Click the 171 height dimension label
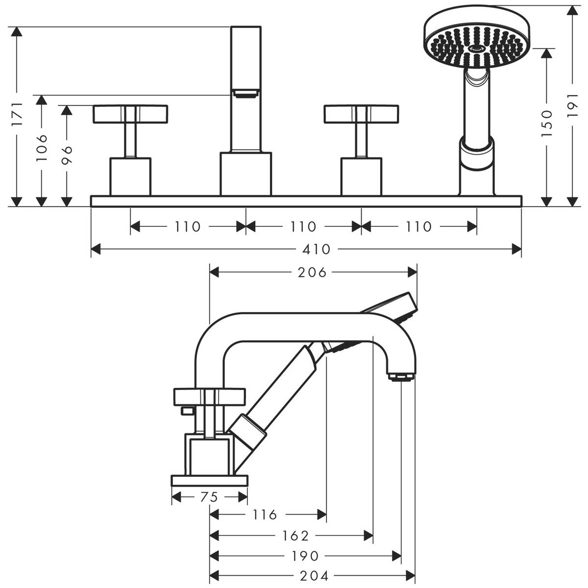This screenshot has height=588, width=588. coord(17,114)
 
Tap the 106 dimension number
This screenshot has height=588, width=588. coord(42,147)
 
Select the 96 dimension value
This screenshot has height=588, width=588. coord(67,155)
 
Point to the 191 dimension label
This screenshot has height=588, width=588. coord(573,105)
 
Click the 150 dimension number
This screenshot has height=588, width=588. coord(547,123)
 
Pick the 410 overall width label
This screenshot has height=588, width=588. coord(317,249)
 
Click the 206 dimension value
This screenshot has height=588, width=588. coord(312,272)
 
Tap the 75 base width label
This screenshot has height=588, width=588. coord(209,497)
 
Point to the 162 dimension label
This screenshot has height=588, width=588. coord(295,536)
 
